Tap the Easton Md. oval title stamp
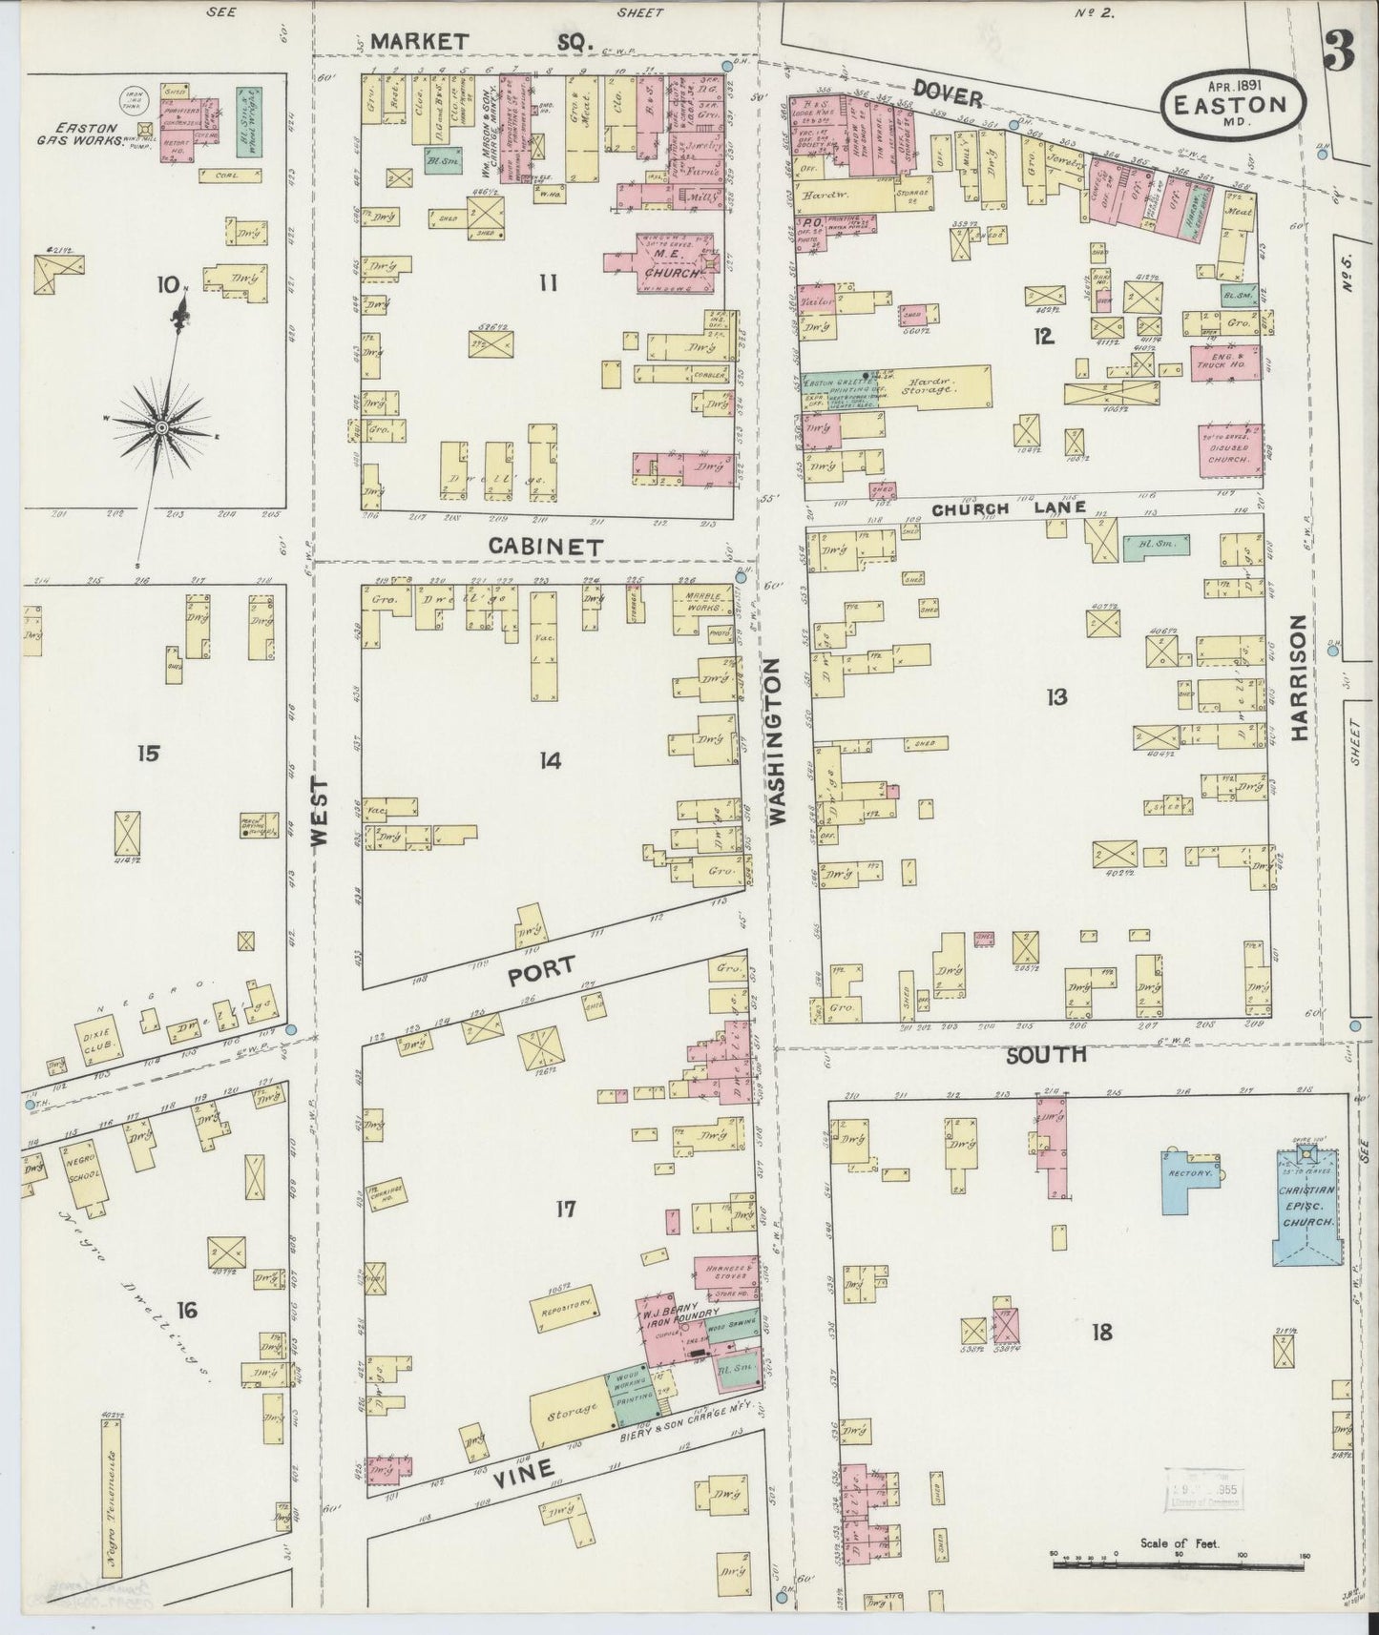pos(1235,103)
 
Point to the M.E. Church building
pos(672,266)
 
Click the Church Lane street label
pos(1009,508)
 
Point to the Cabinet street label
pos(546,547)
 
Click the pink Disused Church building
pos(1231,450)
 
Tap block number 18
pos(1101,1332)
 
